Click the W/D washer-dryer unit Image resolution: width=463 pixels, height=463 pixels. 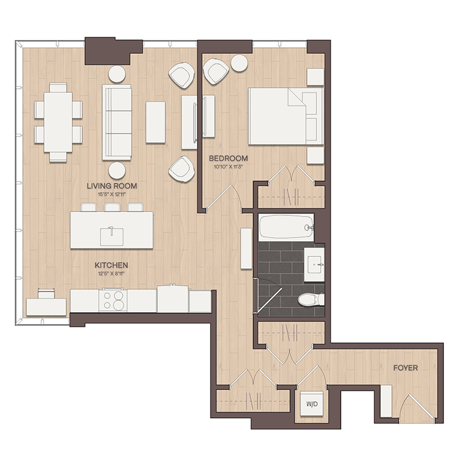coord(312,404)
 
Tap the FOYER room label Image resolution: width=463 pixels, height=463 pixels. coord(405,368)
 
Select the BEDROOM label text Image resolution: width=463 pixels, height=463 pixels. coord(228,158)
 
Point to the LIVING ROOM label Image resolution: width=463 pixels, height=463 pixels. coord(112,186)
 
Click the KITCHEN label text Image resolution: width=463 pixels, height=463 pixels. coord(111,265)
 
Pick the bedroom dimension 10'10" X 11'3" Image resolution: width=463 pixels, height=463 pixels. coord(228,167)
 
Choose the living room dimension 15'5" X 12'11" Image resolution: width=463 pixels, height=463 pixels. coord(112,194)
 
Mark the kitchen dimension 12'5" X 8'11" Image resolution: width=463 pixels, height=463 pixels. coord(111,273)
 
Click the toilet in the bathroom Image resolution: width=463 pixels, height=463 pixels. coord(311,299)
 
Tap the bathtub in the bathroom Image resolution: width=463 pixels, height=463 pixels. coord(286,227)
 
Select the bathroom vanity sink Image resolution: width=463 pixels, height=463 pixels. coord(314,264)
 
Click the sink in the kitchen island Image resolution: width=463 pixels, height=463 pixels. coord(112,236)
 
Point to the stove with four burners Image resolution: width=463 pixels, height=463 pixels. coord(113,300)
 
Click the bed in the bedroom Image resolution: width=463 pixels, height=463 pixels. coord(286,116)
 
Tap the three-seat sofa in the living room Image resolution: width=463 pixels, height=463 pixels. coord(117,122)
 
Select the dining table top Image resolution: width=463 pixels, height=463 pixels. coord(58,122)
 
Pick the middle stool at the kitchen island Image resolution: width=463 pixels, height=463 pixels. coord(112,207)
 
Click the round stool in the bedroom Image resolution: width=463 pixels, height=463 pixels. coord(239,63)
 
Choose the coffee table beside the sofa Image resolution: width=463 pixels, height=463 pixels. coord(155,122)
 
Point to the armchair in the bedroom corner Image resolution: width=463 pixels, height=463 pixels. coord(217,71)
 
